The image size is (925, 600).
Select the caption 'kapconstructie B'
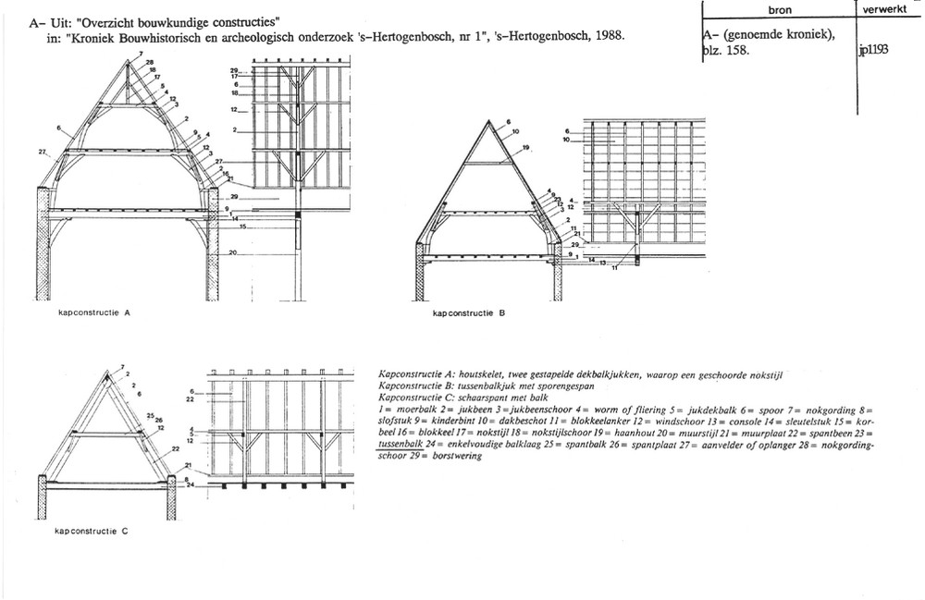(469, 312)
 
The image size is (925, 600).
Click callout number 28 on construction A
(149, 61)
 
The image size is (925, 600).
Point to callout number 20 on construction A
(235, 252)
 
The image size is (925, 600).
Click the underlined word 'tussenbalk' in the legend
(399, 443)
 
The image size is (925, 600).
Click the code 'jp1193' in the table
(874, 51)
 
